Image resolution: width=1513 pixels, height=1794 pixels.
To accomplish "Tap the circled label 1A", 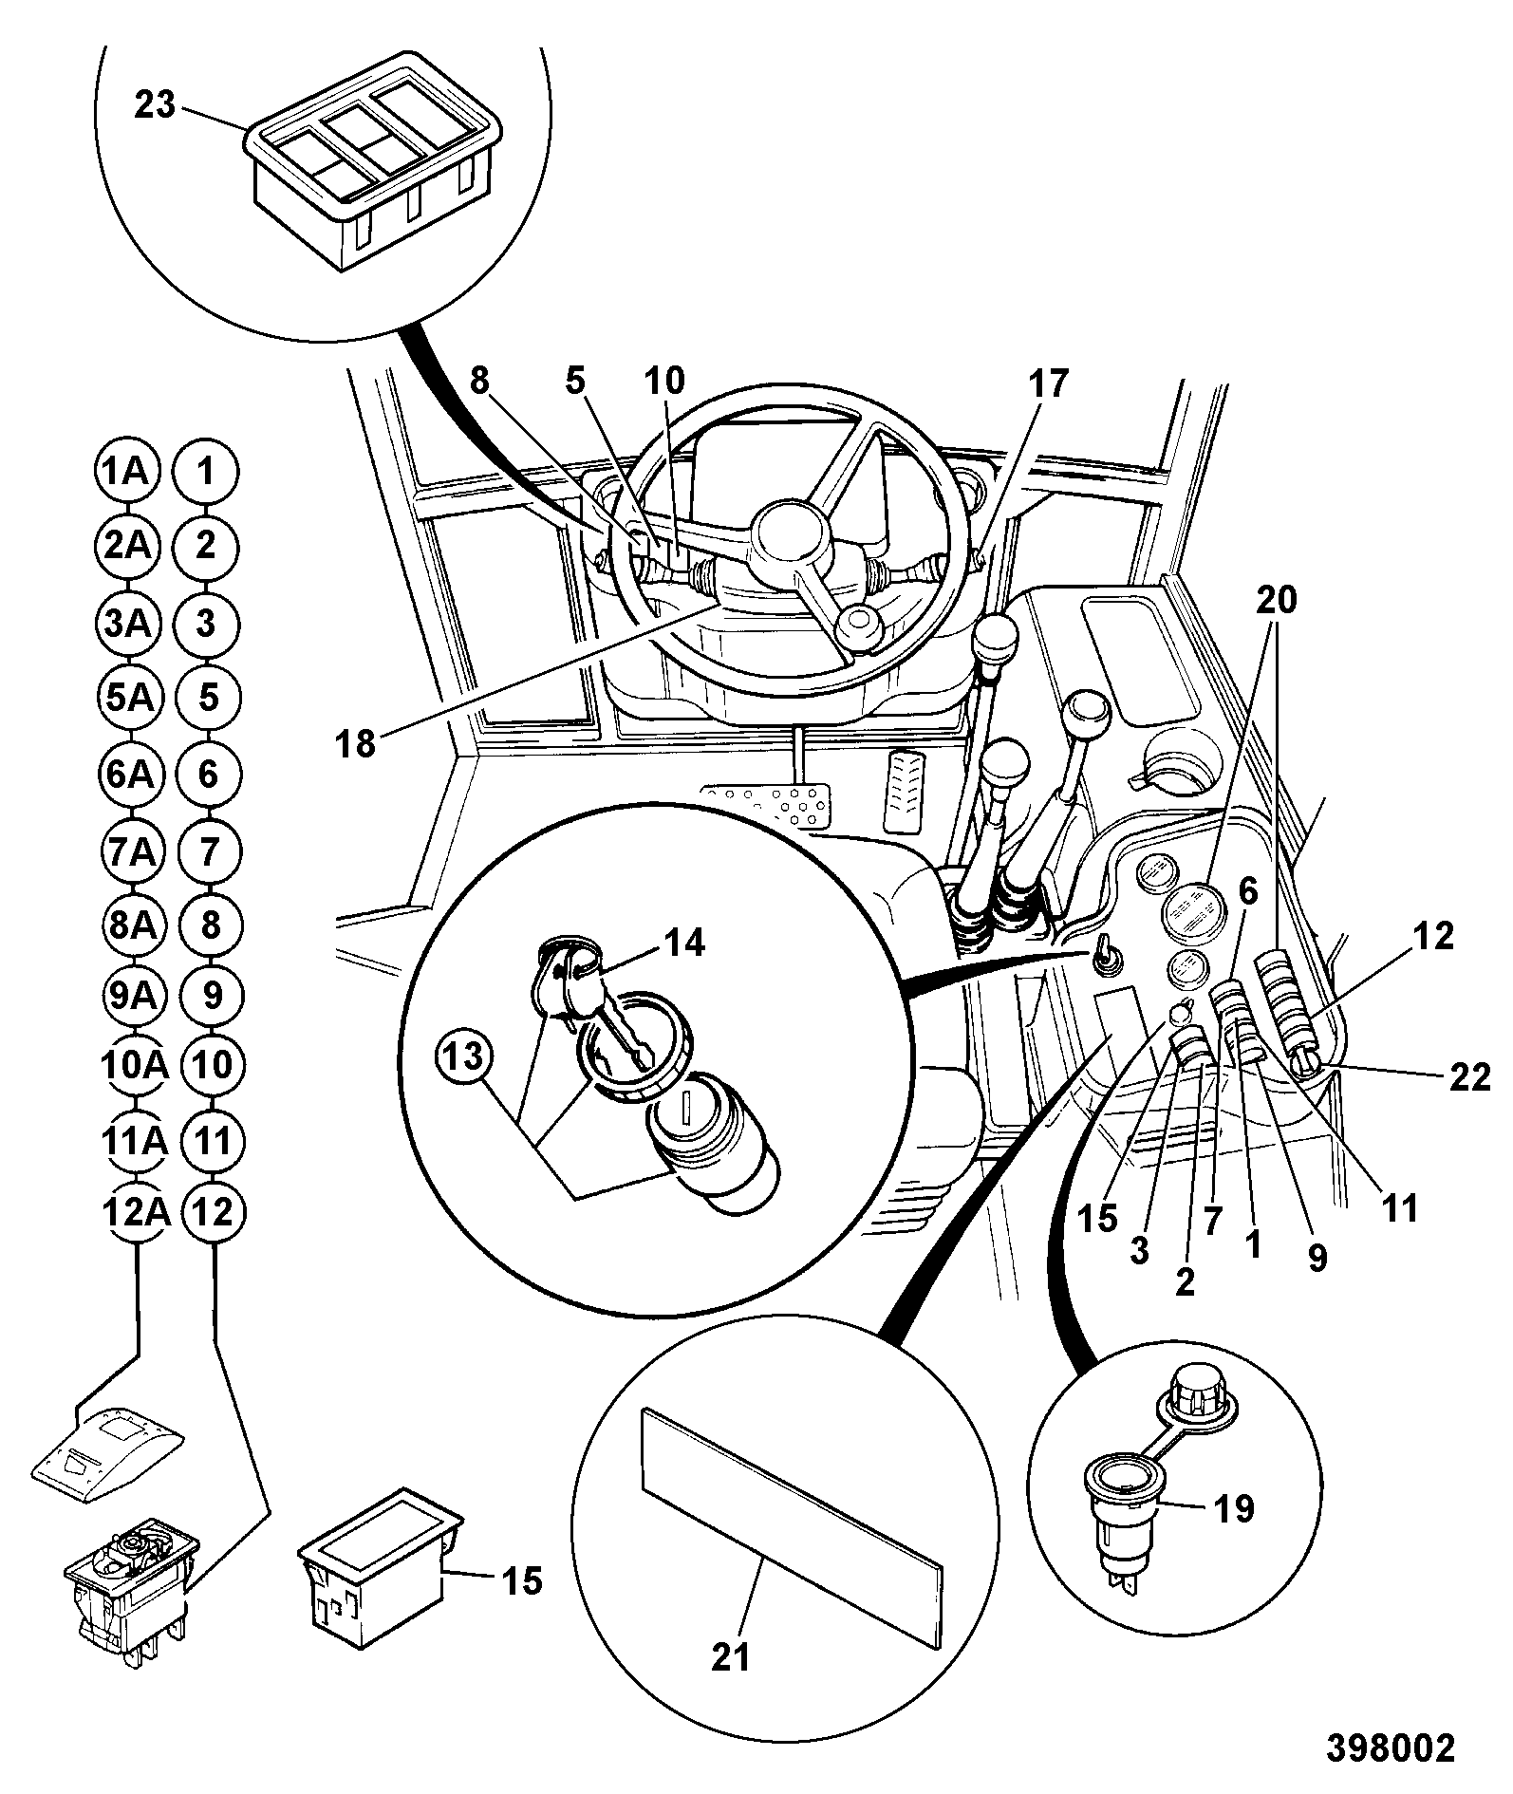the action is coord(126,472).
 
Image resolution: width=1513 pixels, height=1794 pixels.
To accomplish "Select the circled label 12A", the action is coord(134,1211).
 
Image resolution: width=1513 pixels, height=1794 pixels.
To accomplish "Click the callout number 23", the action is coord(156,105).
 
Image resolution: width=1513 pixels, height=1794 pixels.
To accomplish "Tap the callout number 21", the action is coord(731,1656).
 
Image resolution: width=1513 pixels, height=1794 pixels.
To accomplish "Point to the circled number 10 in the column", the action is coord(211,1064).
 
